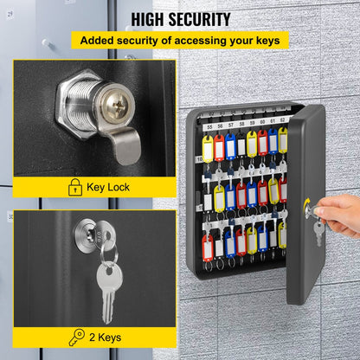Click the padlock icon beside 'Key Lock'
coord(75,185)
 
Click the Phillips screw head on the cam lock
coord(112,106)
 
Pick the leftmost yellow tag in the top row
coord(209,147)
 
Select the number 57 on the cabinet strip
coord(230,124)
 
